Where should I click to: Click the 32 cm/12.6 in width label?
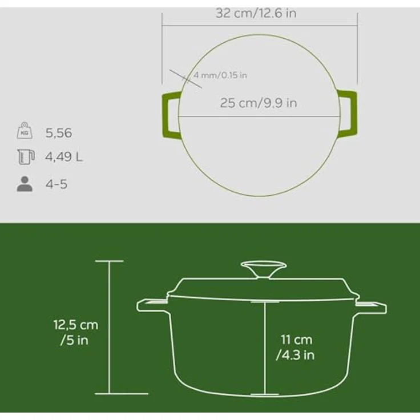(256, 13)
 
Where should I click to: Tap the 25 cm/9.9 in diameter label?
(259, 103)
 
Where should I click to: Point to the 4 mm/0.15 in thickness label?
(220, 75)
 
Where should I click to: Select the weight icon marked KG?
(25, 131)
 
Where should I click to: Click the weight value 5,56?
(59, 133)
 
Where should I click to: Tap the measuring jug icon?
(26, 157)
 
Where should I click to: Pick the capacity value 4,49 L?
(64, 157)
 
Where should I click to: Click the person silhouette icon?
(25, 184)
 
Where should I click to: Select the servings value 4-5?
(56, 184)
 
